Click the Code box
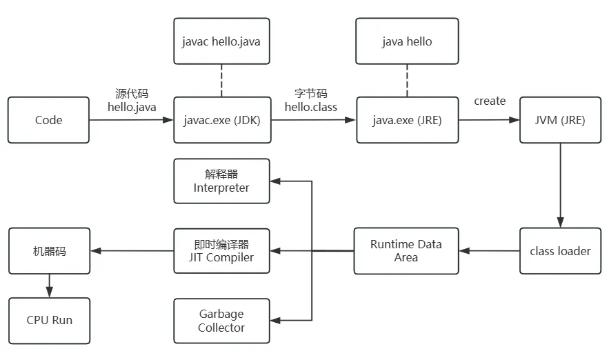pyautogui.click(x=48, y=120)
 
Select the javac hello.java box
pyautogui.click(x=222, y=41)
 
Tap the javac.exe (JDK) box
pyautogui.click(x=222, y=120)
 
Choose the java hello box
pyautogui.click(x=407, y=41)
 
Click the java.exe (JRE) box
pyautogui.click(x=408, y=120)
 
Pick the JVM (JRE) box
pyautogui.click(x=561, y=120)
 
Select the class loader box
pyautogui.click(x=561, y=251)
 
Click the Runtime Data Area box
pyautogui.click(x=406, y=251)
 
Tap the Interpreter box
pyautogui.click(x=222, y=181)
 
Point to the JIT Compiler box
pyautogui.click(x=222, y=251)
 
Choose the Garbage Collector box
pyautogui.click(x=222, y=321)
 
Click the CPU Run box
pyautogui.click(x=50, y=321)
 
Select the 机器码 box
pyautogui.click(x=50, y=251)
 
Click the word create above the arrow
pyautogui.click(x=490, y=101)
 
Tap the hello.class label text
pyautogui.click(x=311, y=107)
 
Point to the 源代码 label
pyautogui.click(x=132, y=93)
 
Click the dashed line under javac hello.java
pyautogui.click(x=221, y=81)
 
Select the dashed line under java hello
pyautogui.click(x=407, y=81)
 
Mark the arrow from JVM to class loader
pyautogui.click(x=560, y=186)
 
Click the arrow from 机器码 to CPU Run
pyautogui.click(x=50, y=286)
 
